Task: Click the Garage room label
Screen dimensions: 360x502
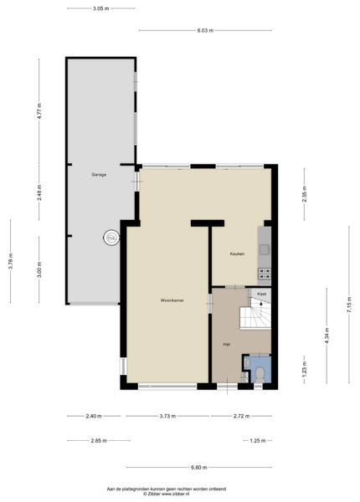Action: click(x=99, y=175)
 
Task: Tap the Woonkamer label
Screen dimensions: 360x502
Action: click(x=172, y=300)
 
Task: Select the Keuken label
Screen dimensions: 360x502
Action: click(x=237, y=254)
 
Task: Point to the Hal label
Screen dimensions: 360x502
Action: click(x=226, y=345)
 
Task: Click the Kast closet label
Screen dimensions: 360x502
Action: click(x=262, y=294)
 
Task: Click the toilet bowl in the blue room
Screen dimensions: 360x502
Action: click(x=260, y=374)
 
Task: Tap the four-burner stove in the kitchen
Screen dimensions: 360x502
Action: click(x=265, y=273)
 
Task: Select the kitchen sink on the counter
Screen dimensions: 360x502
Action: click(x=265, y=249)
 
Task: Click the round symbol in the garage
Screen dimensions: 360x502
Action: click(x=111, y=238)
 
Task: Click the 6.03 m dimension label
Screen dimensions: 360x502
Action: click(x=205, y=31)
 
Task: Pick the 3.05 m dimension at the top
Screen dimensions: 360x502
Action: click(x=101, y=8)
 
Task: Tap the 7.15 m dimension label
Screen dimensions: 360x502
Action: click(x=349, y=305)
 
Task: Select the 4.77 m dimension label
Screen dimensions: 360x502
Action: click(x=39, y=111)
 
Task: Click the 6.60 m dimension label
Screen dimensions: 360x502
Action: click(x=199, y=468)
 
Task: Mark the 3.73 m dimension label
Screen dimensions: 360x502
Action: click(x=167, y=416)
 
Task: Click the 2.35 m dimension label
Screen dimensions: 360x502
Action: click(x=304, y=194)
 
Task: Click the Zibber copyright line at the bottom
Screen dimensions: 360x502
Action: click(x=167, y=494)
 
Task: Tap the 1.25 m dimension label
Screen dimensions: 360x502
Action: click(x=258, y=441)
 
